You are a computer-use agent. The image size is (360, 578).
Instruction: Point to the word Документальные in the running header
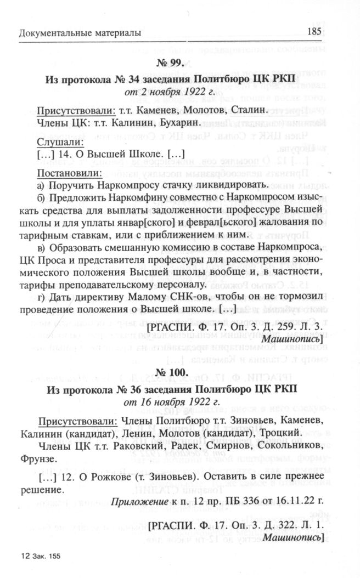click(52, 33)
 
